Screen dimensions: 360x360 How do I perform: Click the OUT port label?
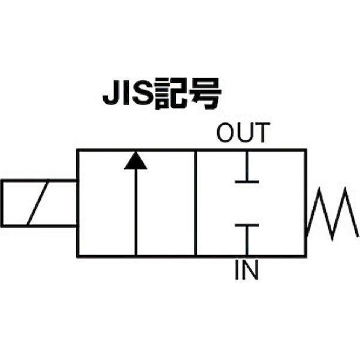(x=243, y=133)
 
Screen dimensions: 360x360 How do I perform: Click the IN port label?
(x=247, y=269)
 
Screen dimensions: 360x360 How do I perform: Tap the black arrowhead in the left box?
(x=136, y=160)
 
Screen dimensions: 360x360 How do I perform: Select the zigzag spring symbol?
(x=332, y=213)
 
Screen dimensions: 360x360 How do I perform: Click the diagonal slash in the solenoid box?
(x=38, y=202)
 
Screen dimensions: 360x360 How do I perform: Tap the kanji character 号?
(x=205, y=94)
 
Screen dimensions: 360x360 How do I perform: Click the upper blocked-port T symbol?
(x=247, y=167)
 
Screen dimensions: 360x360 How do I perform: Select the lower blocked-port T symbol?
(x=247, y=239)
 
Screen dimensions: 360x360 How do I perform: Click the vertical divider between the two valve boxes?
(x=196, y=203)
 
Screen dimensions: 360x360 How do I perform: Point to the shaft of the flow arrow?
(x=136, y=212)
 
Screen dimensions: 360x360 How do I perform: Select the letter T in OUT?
(x=261, y=133)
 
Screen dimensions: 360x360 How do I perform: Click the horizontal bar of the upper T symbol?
(x=247, y=182)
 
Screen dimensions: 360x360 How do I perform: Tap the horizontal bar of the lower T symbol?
(x=247, y=226)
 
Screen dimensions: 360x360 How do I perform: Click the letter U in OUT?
(x=244, y=133)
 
